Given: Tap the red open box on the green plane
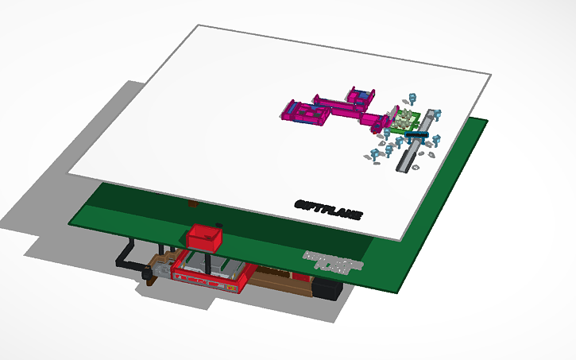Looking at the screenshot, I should pyautogui.click(x=205, y=236).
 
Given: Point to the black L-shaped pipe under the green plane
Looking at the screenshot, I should pyautogui.click(x=127, y=253).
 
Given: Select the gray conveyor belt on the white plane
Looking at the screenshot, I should pyautogui.click(x=419, y=141).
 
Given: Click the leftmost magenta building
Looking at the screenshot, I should pyautogui.click(x=304, y=112).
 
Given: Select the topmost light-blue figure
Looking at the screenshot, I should pyautogui.click(x=412, y=99).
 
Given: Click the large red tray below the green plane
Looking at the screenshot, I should pyautogui.click(x=211, y=270).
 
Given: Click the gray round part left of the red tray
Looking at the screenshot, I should pyautogui.click(x=148, y=275).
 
